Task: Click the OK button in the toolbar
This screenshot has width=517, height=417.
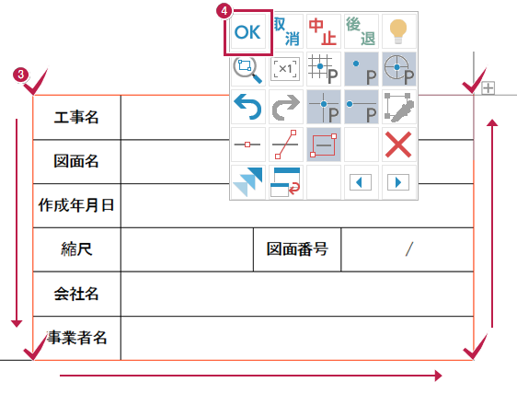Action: click(x=247, y=32)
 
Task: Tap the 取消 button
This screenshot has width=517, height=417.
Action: click(x=286, y=31)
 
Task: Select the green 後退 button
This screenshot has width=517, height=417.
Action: click(x=361, y=31)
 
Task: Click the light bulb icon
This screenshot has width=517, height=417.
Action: click(x=398, y=31)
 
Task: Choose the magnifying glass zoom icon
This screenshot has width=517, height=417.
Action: click(x=247, y=70)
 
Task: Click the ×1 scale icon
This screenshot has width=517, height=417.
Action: click(x=285, y=69)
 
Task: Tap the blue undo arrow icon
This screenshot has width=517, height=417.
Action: click(x=247, y=107)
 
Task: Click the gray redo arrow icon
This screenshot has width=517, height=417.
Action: click(x=285, y=107)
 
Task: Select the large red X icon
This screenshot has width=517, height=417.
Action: click(x=398, y=145)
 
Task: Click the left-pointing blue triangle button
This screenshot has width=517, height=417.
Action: click(x=361, y=182)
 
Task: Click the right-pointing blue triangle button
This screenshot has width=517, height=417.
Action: click(x=398, y=182)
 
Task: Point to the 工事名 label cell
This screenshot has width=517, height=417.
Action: click(x=76, y=118)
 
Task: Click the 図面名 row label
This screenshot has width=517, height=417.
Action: click(x=76, y=161)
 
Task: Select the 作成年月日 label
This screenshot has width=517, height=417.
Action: click(x=76, y=205)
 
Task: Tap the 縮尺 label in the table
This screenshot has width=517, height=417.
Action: click(x=76, y=249)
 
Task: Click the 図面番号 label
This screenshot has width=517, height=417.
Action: click(x=297, y=249)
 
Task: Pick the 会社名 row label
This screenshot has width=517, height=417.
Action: click(x=76, y=294)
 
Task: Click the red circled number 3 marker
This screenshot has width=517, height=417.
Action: click(x=20, y=75)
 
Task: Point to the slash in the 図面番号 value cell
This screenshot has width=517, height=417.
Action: click(x=408, y=249)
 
